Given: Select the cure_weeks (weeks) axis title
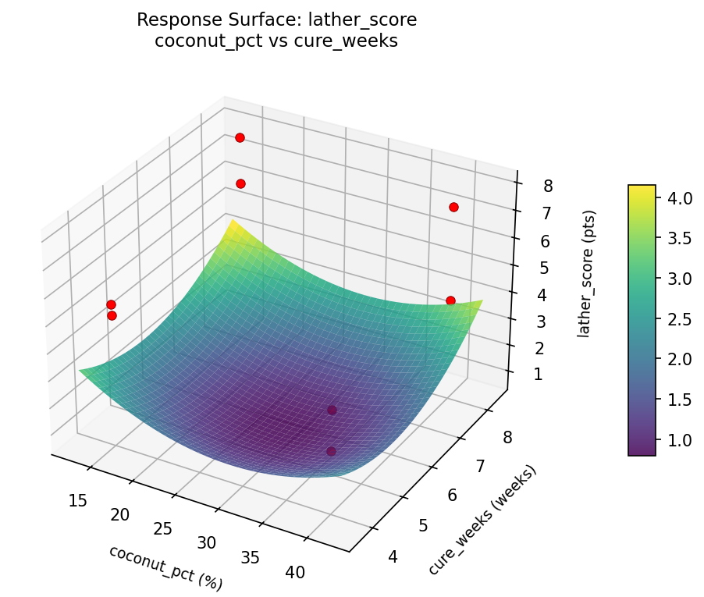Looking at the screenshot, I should [482, 521].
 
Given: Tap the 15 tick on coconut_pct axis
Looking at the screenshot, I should [77, 499].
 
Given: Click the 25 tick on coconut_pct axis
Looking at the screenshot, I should [163, 528].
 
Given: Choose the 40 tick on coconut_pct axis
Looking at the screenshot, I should [295, 573].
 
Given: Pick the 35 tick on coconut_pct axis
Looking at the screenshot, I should [251, 557].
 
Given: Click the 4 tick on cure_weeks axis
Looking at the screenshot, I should [393, 556].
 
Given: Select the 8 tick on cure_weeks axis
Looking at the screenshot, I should [507, 438].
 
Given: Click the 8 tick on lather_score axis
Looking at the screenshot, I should [549, 186].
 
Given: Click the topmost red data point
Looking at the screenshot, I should [240, 137].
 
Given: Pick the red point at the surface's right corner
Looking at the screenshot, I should [450, 300].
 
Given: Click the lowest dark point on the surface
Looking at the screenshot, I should [331, 451].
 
